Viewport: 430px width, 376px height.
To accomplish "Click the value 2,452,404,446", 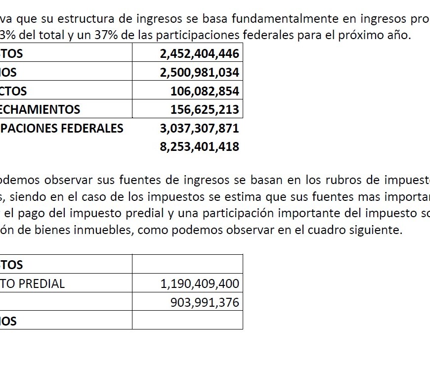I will [199, 54].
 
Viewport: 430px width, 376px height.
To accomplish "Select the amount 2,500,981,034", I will [199, 73].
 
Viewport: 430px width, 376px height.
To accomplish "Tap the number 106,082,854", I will [205, 92].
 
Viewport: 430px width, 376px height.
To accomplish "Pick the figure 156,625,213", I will [205, 109].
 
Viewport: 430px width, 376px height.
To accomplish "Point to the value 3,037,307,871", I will [199, 128].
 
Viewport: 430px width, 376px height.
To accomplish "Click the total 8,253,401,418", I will [199, 147].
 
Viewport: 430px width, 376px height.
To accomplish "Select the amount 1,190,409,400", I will [200, 283].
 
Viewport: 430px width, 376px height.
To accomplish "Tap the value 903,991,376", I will [205, 302].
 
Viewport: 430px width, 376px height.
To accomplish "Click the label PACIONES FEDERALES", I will [62, 128].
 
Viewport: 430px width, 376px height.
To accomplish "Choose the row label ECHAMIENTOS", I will [40, 109].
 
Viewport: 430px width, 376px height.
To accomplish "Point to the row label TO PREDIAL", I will [33, 283].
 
